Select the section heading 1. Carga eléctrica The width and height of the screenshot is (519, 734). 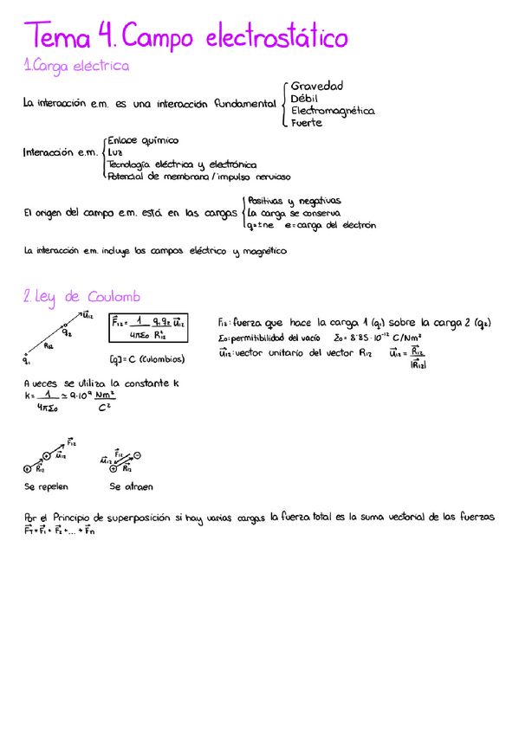coord(77,66)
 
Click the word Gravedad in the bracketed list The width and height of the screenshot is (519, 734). coord(317,86)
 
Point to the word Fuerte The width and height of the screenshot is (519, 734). coord(307,122)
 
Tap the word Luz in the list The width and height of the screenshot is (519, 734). coord(115,151)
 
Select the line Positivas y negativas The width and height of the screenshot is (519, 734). coord(294,199)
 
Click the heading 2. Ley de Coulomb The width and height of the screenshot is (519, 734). coord(82,297)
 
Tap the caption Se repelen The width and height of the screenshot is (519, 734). coord(47,486)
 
